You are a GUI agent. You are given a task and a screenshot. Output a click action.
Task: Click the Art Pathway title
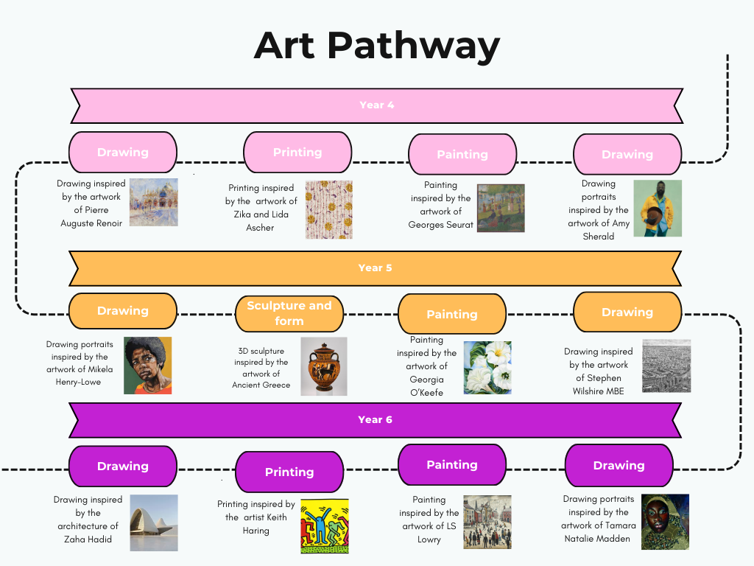click(x=377, y=46)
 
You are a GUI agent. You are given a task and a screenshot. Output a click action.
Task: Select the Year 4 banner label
click(x=377, y=105)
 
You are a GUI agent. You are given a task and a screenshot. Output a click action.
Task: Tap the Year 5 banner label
click(x=375, y=268)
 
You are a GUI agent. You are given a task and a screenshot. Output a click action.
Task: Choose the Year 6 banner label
click(x=375, y=419)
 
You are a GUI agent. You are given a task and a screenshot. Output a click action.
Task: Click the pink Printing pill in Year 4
click(x=297, y=152)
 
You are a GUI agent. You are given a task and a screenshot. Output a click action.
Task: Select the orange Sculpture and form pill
click(x=289, y=313)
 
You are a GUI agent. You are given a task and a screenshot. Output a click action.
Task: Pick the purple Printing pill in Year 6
click(x=289, y=472)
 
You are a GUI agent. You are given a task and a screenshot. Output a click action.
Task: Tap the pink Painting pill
click(x=462, y=154)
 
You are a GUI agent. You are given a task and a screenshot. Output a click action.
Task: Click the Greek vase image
click(x=324, y=366)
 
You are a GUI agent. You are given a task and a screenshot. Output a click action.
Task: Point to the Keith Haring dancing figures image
click(x=325, y=526)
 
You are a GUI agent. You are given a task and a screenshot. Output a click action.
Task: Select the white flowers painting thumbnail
click(x=487, y=368)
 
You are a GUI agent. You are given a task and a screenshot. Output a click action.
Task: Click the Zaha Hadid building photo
click(x=154, y=523)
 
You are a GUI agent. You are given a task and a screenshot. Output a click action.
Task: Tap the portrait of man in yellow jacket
click(x=658, y=209)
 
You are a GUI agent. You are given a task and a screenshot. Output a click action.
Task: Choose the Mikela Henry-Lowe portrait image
click(x=147, y=366)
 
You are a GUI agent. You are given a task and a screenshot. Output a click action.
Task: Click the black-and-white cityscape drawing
click(x=666, y=366)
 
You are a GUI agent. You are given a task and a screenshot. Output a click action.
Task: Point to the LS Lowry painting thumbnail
click(x=487, y=523)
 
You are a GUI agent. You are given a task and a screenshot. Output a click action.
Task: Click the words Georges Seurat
click(x=440, y=225)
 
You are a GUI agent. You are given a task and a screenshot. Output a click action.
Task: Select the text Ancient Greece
click(x=261, y=385)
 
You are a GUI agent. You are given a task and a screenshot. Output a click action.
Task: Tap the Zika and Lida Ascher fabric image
click(x=329, y=210)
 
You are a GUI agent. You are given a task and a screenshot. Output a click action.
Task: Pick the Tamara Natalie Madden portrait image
click(x=665, y=522)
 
